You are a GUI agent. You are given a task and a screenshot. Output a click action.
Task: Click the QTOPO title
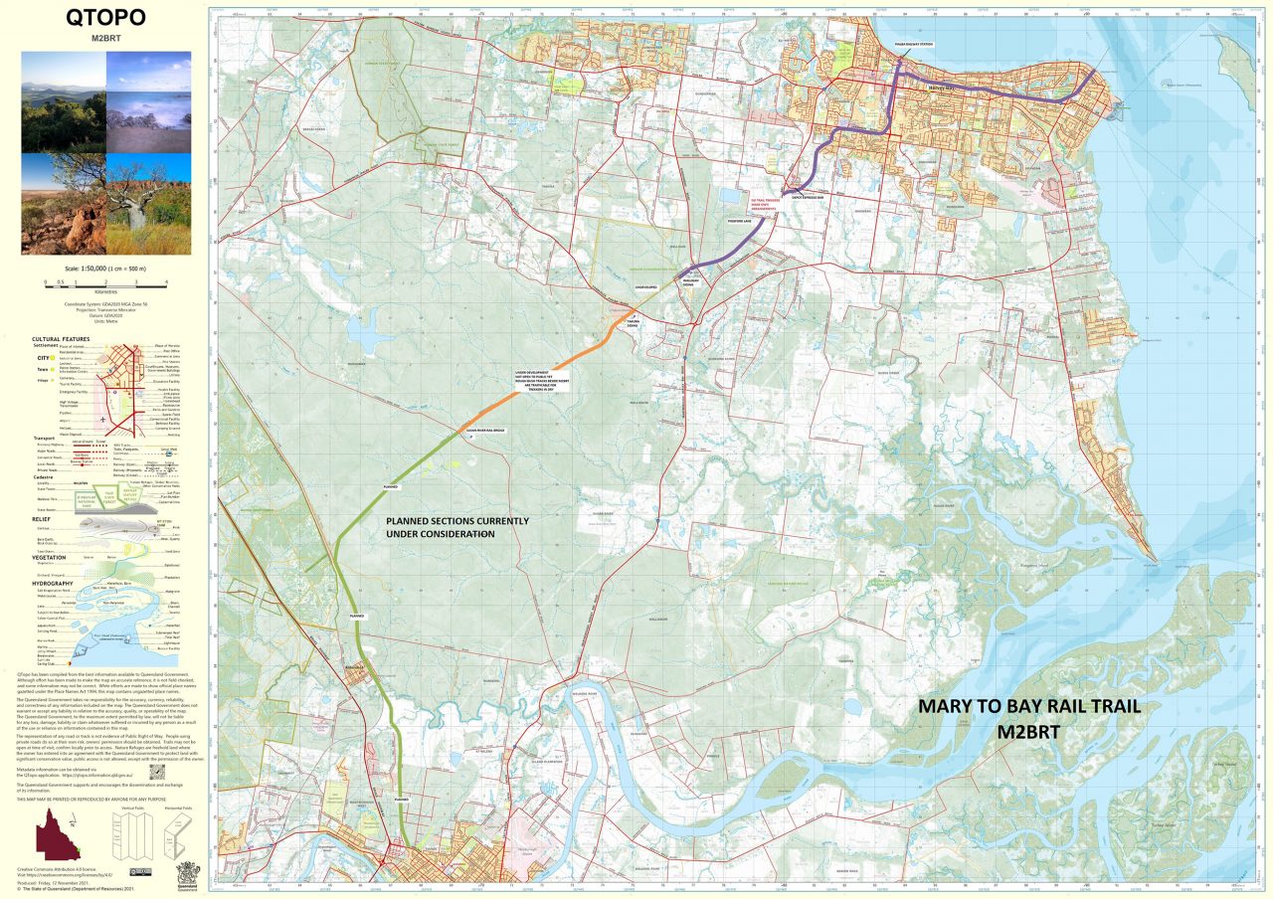tap(105, 17)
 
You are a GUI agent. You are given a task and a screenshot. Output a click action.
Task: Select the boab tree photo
tap(149, 204)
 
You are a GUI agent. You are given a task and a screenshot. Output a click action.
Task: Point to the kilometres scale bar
tap(105, 283)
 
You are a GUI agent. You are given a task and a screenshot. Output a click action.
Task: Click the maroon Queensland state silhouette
tap(58, 833)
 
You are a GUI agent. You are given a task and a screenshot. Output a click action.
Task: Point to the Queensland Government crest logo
tap(186, 871)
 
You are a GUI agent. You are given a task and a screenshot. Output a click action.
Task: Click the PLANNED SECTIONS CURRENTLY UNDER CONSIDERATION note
tap(456, 527)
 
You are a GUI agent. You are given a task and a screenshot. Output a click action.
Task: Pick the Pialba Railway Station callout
tap(912, 45)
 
